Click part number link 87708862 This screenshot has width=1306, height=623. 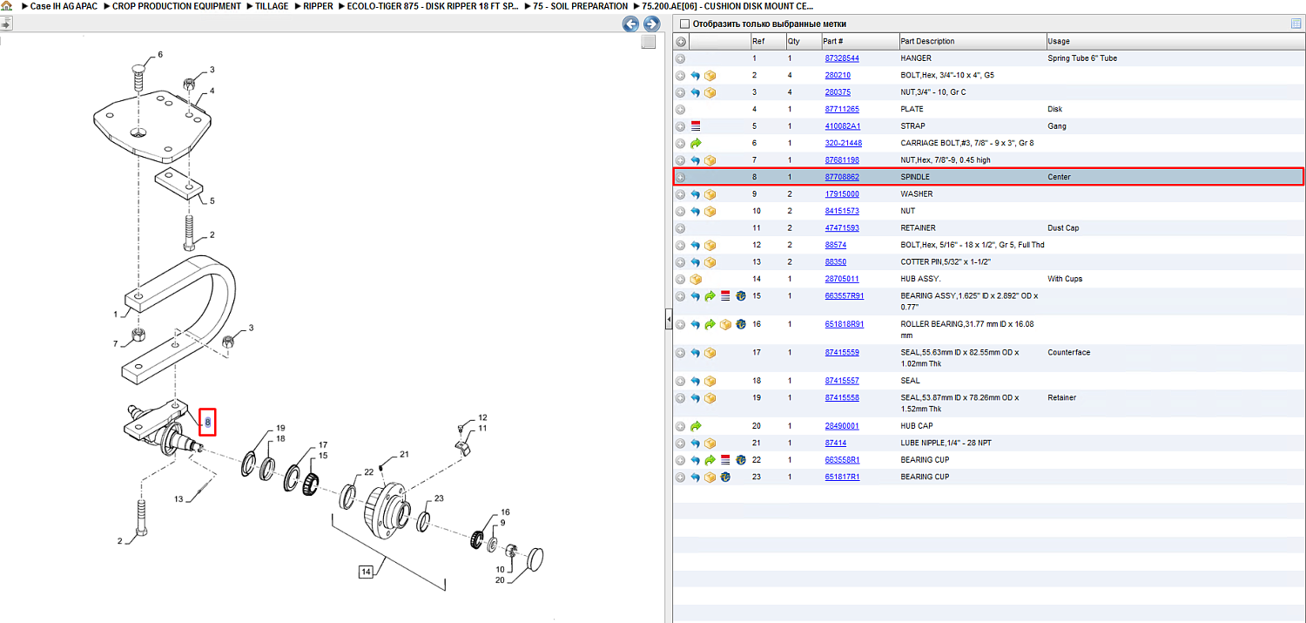[841, 177]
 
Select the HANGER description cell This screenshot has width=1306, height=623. [915, 58]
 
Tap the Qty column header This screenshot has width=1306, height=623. [793, 42]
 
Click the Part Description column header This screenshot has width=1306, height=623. [927, 42]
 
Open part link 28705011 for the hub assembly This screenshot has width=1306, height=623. [841, 279]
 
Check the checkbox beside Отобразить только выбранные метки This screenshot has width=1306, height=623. [684, 24]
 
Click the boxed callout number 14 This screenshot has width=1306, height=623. [366, 572]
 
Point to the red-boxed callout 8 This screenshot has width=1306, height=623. [207, 422]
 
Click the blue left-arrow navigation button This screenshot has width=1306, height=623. [630, 24]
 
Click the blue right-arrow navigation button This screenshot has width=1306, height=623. [652, 24]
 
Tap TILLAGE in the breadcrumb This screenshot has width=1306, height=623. [272, 6]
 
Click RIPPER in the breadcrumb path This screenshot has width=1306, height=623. [318, 6]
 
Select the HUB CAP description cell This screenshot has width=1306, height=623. [917, 426]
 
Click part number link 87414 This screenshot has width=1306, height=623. [836, 443]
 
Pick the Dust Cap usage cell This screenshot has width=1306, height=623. [1063, 228]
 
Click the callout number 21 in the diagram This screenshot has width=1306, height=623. [404, 455]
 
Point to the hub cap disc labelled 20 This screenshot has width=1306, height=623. [535, 559]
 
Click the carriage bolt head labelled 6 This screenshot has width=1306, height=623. [138, 70]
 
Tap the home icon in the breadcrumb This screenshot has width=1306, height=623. [6, 6]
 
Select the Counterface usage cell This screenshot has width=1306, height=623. [1068, 352]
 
